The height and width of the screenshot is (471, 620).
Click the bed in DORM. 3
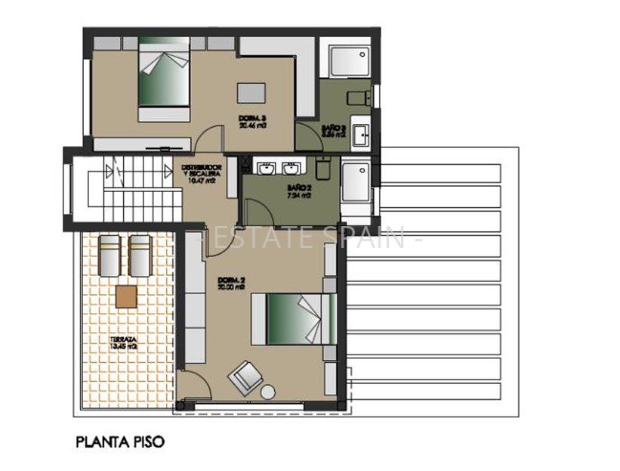[163, 79]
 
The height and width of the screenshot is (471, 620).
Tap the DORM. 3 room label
[251, 122]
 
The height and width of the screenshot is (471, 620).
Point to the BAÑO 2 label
[299, 190]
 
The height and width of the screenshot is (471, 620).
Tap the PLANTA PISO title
[119, 441]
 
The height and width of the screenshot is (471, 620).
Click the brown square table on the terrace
[126, 296]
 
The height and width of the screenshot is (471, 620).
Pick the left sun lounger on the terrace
[111, 256]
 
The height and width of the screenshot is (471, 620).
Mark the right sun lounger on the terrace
[140, 256]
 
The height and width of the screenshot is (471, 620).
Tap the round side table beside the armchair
[268, 392]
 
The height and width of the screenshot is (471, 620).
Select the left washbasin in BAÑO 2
[266, 167]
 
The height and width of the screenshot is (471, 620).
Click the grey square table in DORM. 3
[252, 92]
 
